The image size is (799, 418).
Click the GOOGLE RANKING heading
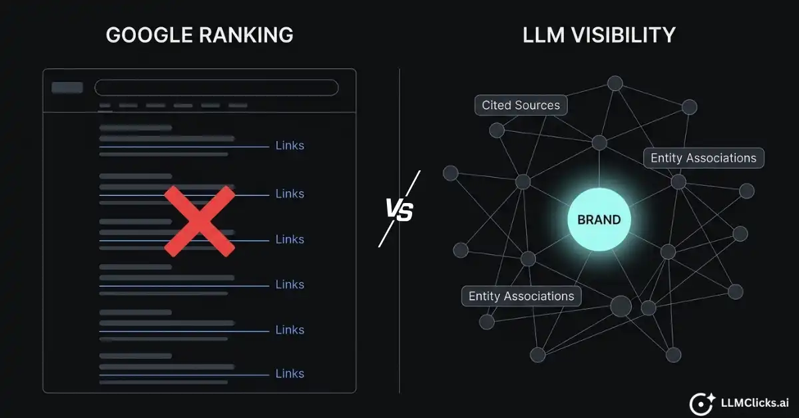[199, 35]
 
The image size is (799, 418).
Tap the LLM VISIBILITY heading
[599, 35]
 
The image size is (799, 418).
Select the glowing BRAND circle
[599, 220]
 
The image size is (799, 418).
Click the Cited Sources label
[521, 105]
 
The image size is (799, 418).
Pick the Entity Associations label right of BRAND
[703, 158]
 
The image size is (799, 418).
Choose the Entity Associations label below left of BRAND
[521, 296]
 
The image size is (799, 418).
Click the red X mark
[200, 221]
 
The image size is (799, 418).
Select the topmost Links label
[290, 146]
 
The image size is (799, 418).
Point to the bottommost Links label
[290, 373]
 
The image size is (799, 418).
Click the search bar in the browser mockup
[216, 88]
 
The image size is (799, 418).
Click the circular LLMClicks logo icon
[701, 403]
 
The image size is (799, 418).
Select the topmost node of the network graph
[615, 83]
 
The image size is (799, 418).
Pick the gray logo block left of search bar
[67, 88]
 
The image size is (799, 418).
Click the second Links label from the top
[290, 194]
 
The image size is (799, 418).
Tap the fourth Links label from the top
[290, 284]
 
